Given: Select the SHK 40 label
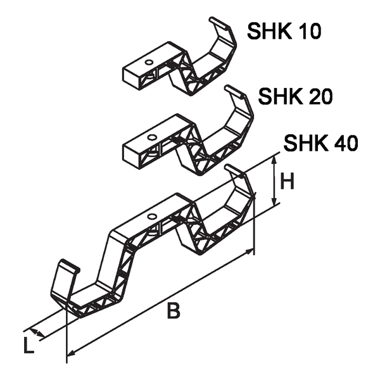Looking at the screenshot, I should coord(320,143).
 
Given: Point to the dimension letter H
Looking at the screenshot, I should coord(288,182).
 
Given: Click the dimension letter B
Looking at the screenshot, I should coord(172,311).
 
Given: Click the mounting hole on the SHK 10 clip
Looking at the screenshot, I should coord(148,63).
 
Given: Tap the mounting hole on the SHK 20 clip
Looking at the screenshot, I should coord(152,137).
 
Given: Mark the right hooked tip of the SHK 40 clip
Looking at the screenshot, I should coord(232,169).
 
